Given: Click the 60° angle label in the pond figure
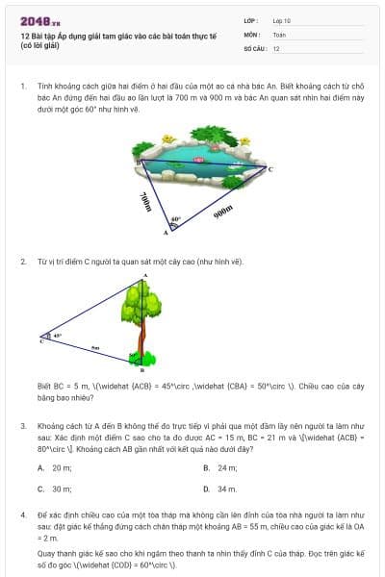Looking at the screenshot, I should [x=176, y=219].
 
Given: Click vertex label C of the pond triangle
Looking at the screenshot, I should [x=269, y=169].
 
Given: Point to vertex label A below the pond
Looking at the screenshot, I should [x=165, y=233].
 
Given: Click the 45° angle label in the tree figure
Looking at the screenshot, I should [x=57, y=336].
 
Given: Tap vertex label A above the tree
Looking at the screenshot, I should [x=145, y=277].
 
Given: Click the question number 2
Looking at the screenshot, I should [x=22, y=262].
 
